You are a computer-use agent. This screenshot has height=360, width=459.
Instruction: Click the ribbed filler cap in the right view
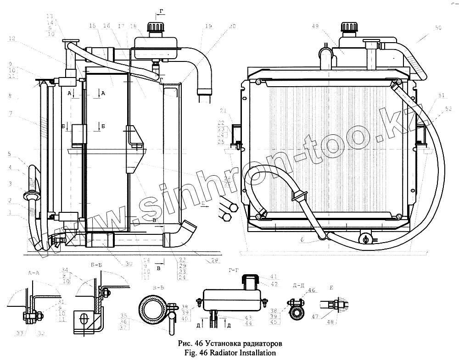pyautogui.click(x=347, y=29)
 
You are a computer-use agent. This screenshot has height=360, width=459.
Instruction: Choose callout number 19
pyautogui.click(x=209, y=28)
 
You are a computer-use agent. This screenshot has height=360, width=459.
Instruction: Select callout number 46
pyautogui.click(x=312, y=290)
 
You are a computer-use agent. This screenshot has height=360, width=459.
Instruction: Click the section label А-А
pyautogui.click(x=34, y=273)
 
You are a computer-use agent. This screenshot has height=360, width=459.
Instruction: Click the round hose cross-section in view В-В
pyautogui.click(x=151, y=310)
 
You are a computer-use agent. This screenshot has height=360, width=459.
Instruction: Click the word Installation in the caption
pyautogui.click(x=257, y=353)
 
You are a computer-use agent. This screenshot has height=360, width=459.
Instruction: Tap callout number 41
pyautogui.click(x=274, y=277)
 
